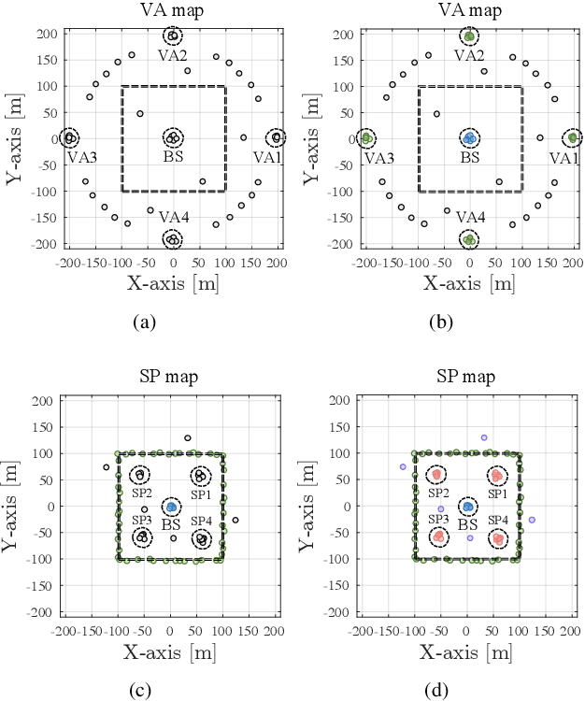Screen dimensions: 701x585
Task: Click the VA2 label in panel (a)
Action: (172, 56)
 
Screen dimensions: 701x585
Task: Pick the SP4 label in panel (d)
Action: (499, 520)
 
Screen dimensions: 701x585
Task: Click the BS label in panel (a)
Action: (173, 157)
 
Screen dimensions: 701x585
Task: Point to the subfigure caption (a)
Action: (143, 321)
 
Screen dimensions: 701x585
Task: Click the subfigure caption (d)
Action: (440, 691)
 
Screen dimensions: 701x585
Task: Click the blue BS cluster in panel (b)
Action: (469, 137)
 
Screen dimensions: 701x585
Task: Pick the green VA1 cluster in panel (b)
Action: (573, 137)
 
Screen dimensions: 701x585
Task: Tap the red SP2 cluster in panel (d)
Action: (435, 475)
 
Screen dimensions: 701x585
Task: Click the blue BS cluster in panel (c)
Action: (171, 507)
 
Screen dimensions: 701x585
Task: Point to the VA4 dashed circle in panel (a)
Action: (172, 239)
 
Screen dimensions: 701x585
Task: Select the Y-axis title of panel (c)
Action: (13, 506)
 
